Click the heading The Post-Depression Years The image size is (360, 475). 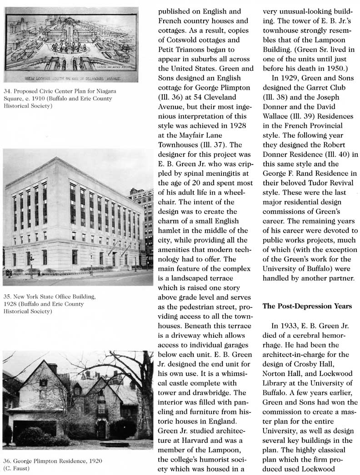pyautogui.click(x=307, y=306)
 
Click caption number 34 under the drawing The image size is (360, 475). pyautogui.click(x=7, y=91)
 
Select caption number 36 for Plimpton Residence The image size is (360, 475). pyautogui.click(x=7, y=461)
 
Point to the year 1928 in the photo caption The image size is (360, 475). pyautogui.click(x=11, y=304)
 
